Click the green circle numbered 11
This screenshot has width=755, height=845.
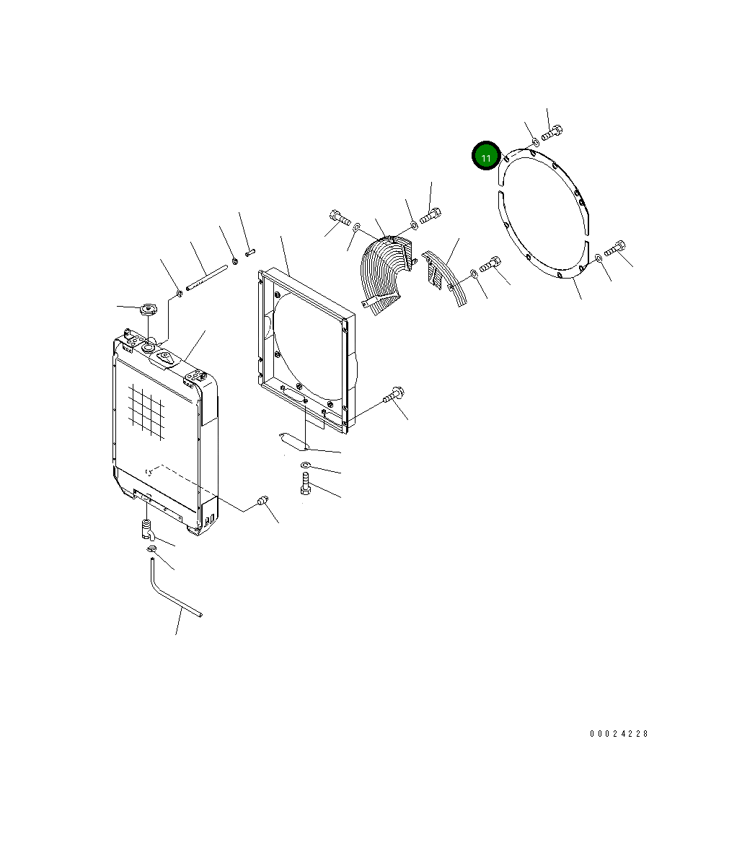click(486, 157)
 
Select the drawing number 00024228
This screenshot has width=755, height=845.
click(619, 733)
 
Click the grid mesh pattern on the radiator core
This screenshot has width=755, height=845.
click(146, 412)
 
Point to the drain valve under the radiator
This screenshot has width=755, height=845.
click(147, 529)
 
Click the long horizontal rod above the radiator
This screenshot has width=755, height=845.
click(207, 277)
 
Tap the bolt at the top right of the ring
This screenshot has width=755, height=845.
click(552, 132)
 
